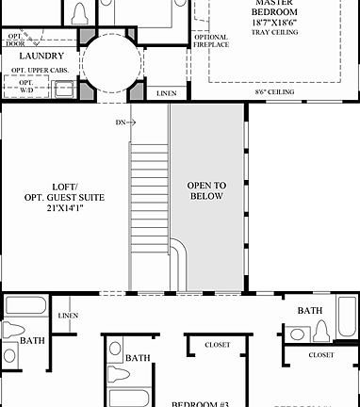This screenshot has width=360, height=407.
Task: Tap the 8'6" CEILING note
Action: click(275, 92)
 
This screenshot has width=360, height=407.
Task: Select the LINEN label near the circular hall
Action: click(167, 93)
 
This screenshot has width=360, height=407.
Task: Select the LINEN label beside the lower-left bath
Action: click(68, 316)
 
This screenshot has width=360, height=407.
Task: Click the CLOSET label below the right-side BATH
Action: click(320, 355)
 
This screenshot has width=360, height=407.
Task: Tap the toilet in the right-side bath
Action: click(319, 331)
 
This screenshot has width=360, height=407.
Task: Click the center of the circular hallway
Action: click(112, 62)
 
